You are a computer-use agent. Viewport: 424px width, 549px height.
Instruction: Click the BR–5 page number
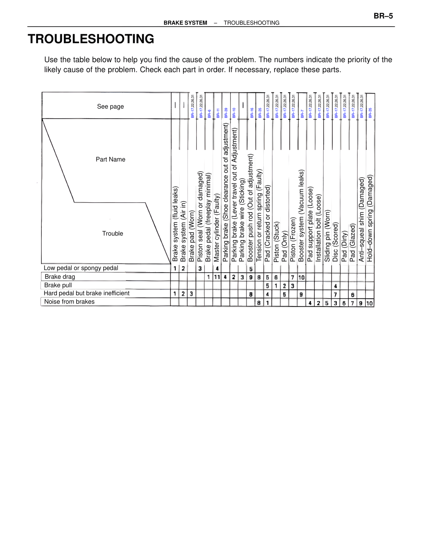pos(383,16)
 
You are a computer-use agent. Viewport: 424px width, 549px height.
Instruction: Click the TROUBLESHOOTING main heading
pos(91,39)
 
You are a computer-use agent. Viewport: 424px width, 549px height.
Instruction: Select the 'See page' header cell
pos(110,106)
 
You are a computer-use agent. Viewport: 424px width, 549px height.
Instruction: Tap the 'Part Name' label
pos(110,159)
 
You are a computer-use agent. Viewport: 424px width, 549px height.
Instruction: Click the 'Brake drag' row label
pos(60,277)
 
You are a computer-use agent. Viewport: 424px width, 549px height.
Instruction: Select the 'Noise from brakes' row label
pos(69,302)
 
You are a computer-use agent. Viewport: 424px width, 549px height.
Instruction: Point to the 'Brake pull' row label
pos(58,285)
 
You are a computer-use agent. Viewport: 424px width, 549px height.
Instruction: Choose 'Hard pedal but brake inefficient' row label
pos(86,293)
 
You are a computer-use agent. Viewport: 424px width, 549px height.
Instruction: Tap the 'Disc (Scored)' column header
pos(336,242)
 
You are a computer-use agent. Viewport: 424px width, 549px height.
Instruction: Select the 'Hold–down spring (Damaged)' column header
pos(370,218)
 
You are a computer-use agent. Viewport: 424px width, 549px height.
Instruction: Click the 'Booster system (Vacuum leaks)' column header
pos(301,216)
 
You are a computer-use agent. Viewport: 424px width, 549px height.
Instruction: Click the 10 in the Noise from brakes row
pos(370,303)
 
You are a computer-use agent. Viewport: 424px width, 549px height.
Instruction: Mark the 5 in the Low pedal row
pos(251,269)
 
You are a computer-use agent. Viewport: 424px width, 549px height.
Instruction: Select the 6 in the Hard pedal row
pos(353,295)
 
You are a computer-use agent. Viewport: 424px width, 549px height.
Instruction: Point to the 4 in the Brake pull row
pos(336,286)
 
